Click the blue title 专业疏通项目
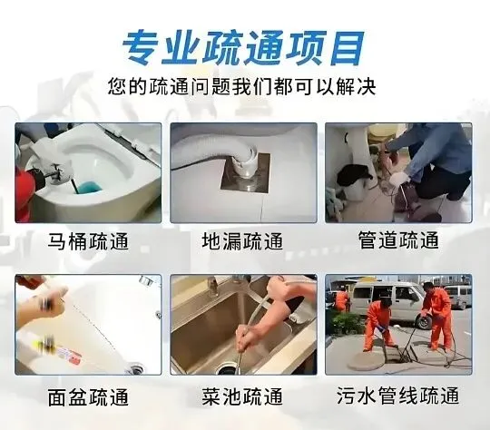243,48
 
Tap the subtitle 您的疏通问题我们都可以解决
241,86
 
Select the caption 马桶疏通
88,241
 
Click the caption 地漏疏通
242,241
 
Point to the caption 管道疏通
398,240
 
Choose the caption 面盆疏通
88,396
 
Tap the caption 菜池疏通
242,396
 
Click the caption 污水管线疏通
397,396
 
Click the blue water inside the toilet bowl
89,187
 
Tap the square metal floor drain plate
245,173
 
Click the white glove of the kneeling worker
398,179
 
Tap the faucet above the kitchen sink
214,286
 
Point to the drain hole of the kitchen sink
226,369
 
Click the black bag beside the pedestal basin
354,174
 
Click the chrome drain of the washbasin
135,367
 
